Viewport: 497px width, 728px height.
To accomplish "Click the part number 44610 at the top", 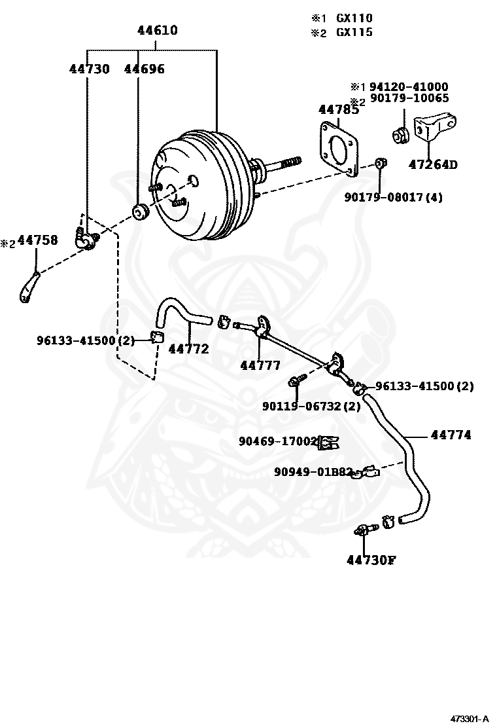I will pos(157,30).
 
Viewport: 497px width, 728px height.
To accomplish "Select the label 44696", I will pos(145,69).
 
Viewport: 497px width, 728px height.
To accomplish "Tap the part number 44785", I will pos(338,110).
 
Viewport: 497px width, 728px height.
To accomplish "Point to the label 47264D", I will pos(433,164).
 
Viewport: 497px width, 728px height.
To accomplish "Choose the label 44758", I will pos(37,240).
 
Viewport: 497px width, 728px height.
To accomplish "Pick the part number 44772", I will pos(188,349).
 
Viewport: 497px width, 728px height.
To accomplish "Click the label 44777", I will pos(260,365).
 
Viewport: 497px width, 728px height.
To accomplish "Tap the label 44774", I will pos(451,434).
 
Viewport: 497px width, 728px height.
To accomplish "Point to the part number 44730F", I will pos(372,560).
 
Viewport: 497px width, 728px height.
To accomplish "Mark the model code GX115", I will pos(354,32).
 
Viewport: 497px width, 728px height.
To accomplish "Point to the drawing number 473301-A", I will pos(468,718).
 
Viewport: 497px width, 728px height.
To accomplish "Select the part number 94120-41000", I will pos(409,86).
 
